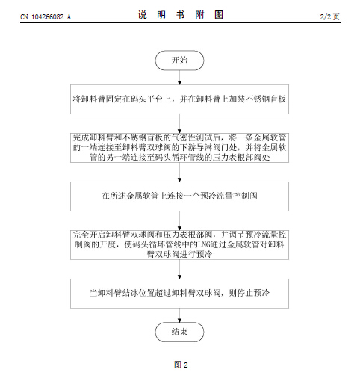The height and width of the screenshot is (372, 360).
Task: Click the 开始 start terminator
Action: tap(179, 61)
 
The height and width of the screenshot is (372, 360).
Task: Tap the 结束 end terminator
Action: tap(179, 332)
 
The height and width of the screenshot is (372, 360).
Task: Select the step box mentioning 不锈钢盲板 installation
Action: tap(179, 99)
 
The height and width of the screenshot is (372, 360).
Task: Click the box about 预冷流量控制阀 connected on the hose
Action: tap(179, 196)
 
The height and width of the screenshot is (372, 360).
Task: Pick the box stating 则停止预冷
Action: tap(179, 294)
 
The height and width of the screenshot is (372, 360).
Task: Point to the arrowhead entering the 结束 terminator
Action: tap(179, 320)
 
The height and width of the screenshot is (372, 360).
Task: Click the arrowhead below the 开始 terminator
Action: tap(179, 83)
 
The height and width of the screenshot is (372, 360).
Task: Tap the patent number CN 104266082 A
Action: tap(46, 17)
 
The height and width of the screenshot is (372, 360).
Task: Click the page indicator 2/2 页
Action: tap(329, 16)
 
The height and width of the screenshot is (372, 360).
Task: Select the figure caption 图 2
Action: tap(181, 365)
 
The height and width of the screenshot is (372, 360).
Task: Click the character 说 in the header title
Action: tap(143, 15)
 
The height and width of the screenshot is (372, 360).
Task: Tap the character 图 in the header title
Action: tap(219, 15)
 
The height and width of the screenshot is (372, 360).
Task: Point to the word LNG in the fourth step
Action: tap(204, 245)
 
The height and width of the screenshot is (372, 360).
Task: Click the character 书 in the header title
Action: tap(181, 15)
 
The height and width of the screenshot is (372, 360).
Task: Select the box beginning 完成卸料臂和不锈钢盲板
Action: tap(179, 148)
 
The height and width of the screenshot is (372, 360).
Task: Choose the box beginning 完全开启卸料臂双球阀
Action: tap(179, 245)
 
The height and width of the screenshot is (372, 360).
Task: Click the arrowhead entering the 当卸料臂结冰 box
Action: tap(179, 277)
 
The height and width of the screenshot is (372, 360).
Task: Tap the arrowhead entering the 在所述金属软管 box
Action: tap(179, 180)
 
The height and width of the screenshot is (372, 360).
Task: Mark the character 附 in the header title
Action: tap(199, 15)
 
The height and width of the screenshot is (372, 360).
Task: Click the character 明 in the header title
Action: tap(161, 15)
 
